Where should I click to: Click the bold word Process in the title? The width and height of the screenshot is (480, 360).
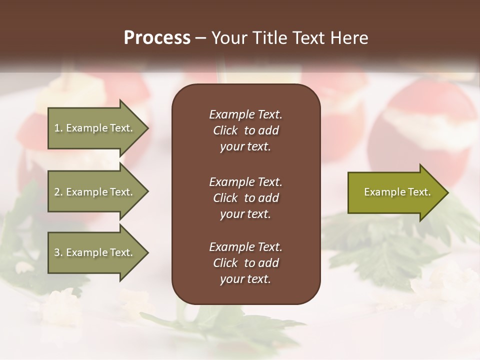157,38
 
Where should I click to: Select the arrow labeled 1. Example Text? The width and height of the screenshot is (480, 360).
97,128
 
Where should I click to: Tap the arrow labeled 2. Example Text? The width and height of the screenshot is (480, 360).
97,192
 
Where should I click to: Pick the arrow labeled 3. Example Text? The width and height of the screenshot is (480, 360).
97,252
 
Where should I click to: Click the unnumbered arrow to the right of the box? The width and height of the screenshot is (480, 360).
397,192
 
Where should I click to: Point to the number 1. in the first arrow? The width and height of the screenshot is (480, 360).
58,128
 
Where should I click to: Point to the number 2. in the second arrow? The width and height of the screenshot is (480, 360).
58,192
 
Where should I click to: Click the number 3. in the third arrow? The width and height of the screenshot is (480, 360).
58,252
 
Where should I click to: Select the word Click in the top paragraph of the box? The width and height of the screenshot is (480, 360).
225,131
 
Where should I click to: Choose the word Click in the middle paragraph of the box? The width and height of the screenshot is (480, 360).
225,198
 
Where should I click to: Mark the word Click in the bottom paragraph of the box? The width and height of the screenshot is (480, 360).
225,263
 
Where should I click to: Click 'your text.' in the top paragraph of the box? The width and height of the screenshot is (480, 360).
245,147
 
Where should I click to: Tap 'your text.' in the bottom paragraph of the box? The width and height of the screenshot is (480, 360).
245,279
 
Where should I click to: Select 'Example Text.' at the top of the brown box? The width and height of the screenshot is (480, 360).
245,114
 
